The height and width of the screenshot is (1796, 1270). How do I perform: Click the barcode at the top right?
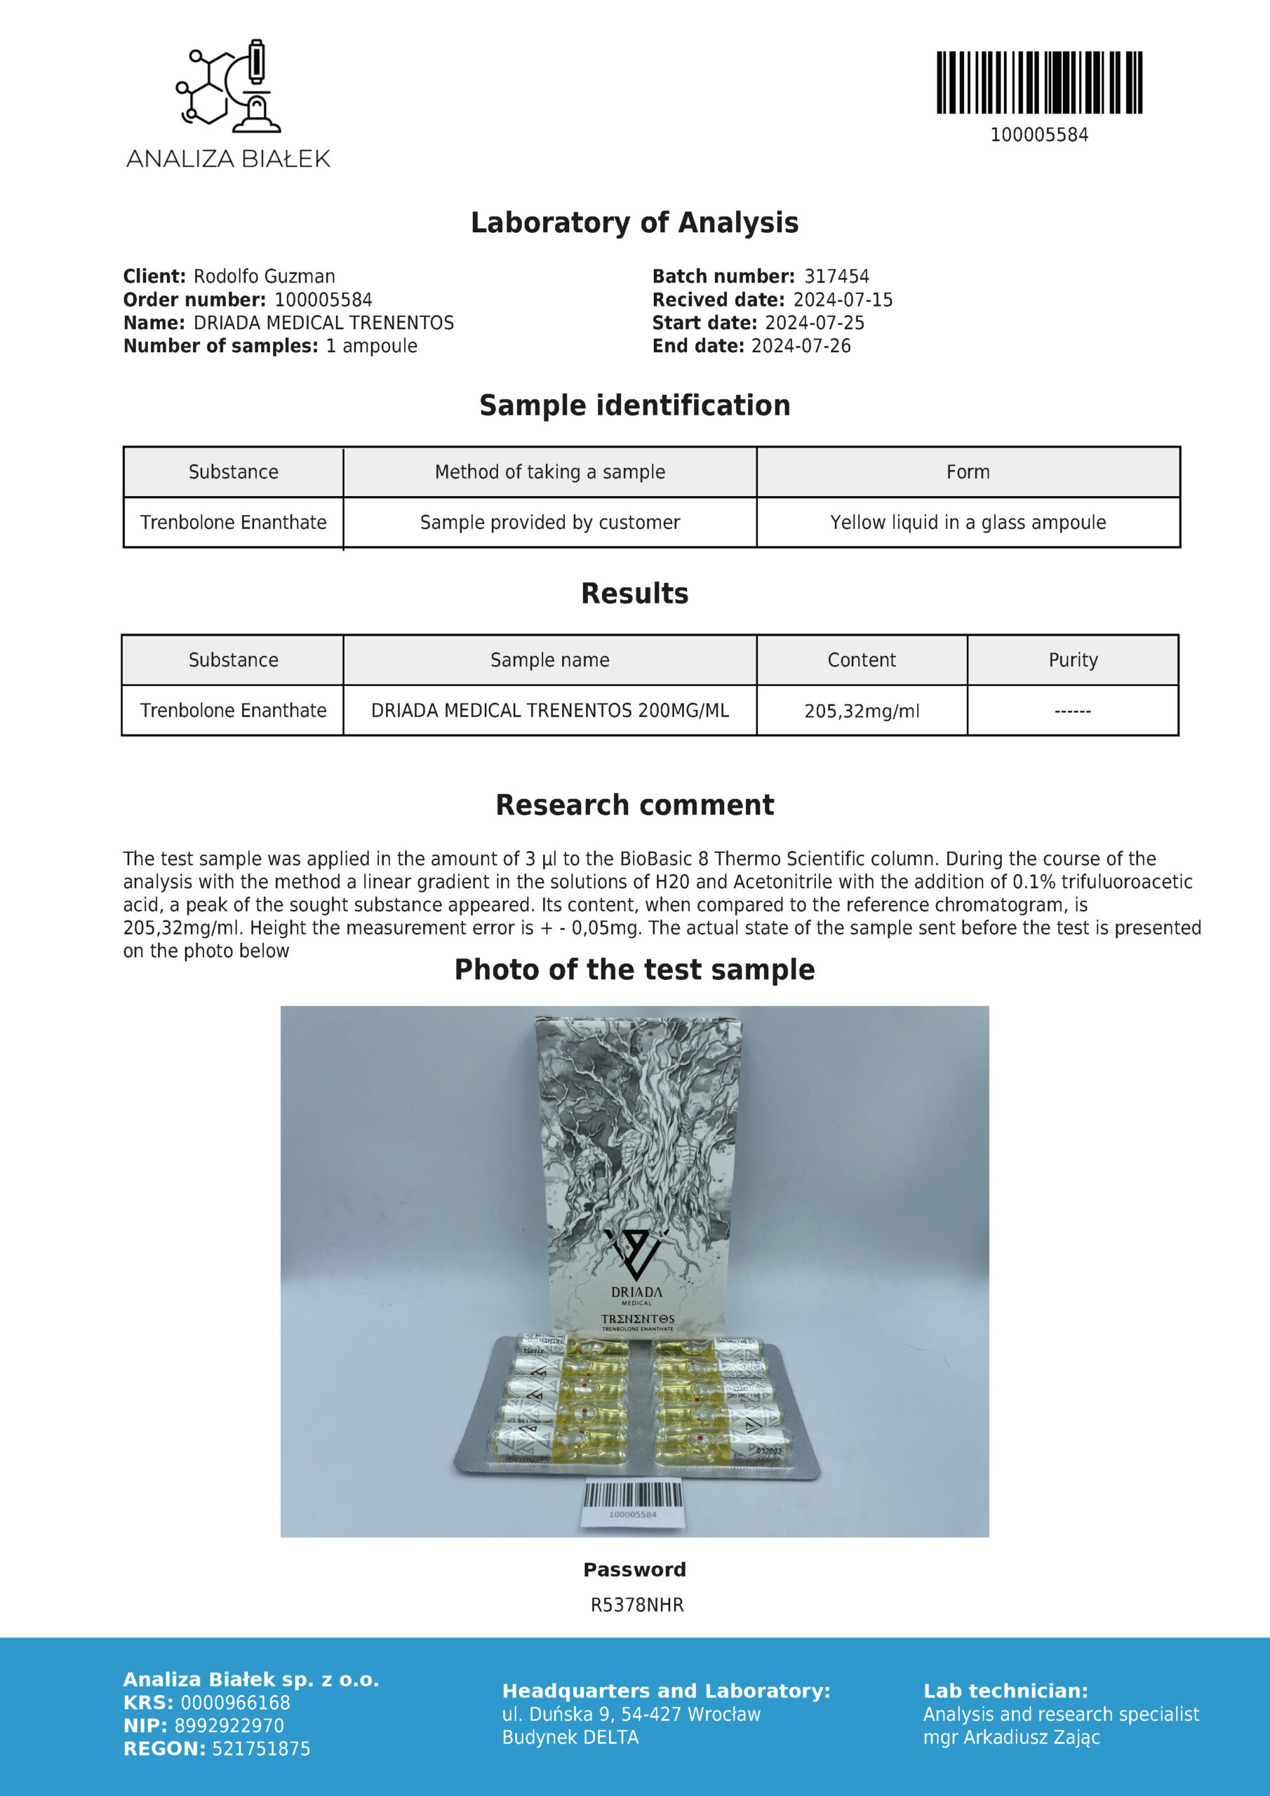1039,83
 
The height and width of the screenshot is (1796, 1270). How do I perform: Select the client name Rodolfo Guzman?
264,276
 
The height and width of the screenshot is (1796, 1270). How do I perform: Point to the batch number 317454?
836,276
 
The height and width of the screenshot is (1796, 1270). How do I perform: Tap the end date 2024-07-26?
801,346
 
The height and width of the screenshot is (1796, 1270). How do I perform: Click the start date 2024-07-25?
814,322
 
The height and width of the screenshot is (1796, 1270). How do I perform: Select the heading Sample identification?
634,406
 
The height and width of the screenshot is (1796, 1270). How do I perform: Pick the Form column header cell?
968,471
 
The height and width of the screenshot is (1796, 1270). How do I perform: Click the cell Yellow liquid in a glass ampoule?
968,522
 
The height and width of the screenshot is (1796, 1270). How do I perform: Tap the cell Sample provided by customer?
549,522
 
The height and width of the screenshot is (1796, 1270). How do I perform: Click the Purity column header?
1073,659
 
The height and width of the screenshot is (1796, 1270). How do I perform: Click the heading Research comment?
634,805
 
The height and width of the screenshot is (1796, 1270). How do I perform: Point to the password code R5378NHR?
637,1604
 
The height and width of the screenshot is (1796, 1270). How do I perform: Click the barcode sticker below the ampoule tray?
632,1503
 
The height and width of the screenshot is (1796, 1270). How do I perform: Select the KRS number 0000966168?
235,1702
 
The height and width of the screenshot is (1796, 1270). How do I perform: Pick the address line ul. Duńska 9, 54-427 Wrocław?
631,1714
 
